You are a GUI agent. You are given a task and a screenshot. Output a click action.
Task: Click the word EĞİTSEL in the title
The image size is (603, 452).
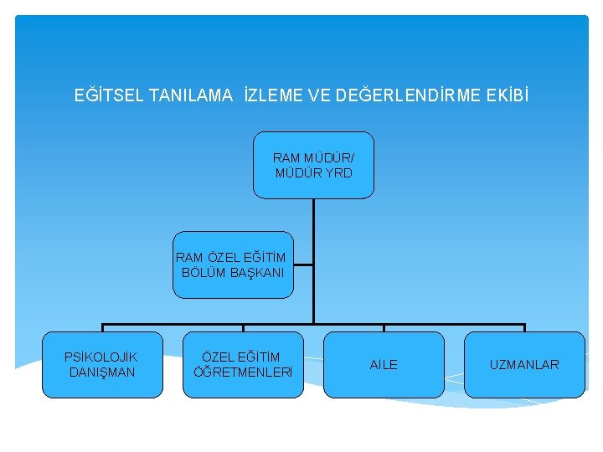(107, 95)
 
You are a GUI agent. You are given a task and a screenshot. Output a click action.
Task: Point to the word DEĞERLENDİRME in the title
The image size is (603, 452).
(406, 95)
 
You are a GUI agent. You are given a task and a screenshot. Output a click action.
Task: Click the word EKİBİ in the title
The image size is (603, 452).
(508, 95)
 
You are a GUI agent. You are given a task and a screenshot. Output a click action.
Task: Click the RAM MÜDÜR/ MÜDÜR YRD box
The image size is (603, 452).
(313, 165)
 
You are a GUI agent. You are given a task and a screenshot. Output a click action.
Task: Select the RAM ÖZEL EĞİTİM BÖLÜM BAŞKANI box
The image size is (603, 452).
(233, 265)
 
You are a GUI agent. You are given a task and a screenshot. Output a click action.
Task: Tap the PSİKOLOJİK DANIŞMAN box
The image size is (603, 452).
(102, 365)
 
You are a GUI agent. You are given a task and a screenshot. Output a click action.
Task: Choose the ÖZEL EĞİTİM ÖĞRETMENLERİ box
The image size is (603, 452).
(243, 365)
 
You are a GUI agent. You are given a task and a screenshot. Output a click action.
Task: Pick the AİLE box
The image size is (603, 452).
(384, 365)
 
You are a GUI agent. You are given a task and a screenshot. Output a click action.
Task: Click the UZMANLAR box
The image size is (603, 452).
(524, 365)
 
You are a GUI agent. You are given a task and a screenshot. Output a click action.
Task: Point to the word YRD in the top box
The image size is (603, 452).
(339, 173)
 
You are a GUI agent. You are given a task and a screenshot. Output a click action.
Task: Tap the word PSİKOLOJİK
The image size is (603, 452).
(101, 357)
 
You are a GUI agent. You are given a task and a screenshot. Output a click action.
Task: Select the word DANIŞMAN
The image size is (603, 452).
(102, 372)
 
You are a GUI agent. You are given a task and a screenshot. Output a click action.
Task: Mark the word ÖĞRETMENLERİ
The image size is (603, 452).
(243, 372)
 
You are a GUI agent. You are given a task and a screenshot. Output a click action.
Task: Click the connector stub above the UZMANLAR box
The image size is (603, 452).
(524, 327)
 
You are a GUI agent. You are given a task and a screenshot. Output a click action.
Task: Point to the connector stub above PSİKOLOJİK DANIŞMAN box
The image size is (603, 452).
(102, 327)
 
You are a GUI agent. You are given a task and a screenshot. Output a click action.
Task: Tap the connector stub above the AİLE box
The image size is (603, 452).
(384, 327)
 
